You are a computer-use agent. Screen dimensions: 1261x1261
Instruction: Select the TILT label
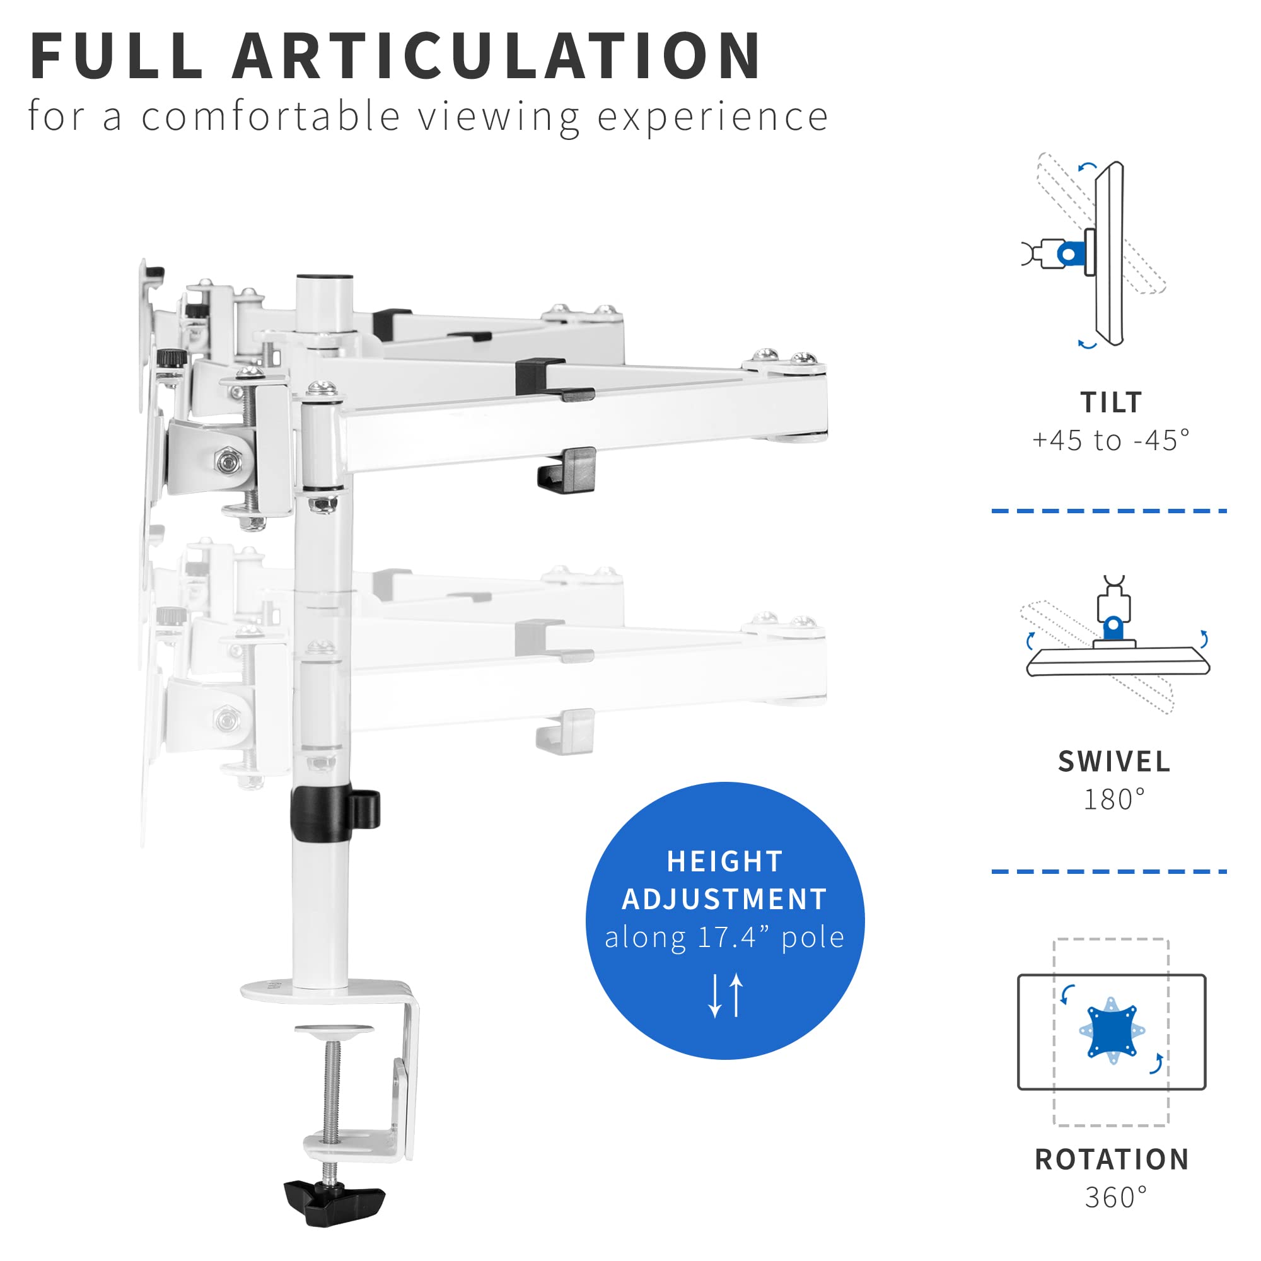[1111, 403]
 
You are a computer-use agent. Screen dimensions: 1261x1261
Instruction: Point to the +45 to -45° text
[1111, 441]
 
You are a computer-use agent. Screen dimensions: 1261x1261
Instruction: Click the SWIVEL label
[1114, 762]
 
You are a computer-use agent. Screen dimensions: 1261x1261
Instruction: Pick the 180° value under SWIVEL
[1114, 799]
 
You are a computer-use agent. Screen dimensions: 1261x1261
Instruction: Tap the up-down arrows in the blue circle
[726, 996]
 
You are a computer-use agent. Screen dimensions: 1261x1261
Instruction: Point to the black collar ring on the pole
[322, 813]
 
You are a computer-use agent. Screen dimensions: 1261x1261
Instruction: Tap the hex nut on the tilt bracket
[228, 462]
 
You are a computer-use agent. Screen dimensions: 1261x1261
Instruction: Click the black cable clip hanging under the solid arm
[567, 470]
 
